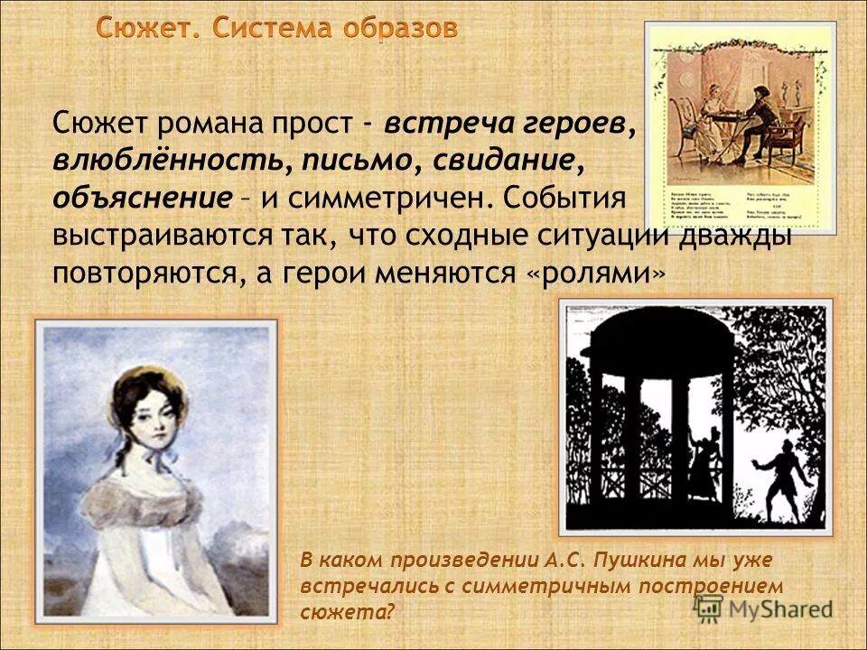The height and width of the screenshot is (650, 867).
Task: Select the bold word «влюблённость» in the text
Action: [x=168, y=162]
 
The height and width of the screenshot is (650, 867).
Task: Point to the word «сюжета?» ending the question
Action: [x=348, y=612]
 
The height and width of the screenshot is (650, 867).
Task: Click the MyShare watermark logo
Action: [x=764, y=608]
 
